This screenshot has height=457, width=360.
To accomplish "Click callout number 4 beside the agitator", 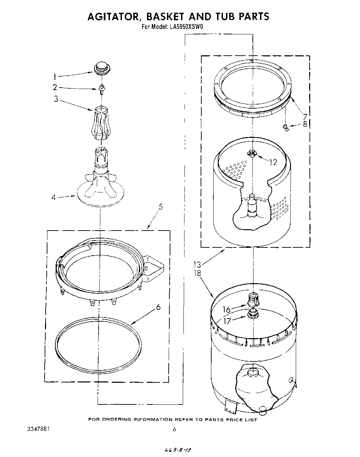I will (54, 198).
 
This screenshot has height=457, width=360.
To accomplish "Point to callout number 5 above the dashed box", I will (160, 207).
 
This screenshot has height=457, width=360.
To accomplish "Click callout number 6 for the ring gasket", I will (158, 307).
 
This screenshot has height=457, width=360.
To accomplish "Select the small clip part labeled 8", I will (285, 128).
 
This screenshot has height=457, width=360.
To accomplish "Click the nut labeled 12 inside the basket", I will (252, 153).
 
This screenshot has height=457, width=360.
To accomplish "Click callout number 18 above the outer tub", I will (198, 273).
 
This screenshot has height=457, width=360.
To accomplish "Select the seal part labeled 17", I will (253, 313).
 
